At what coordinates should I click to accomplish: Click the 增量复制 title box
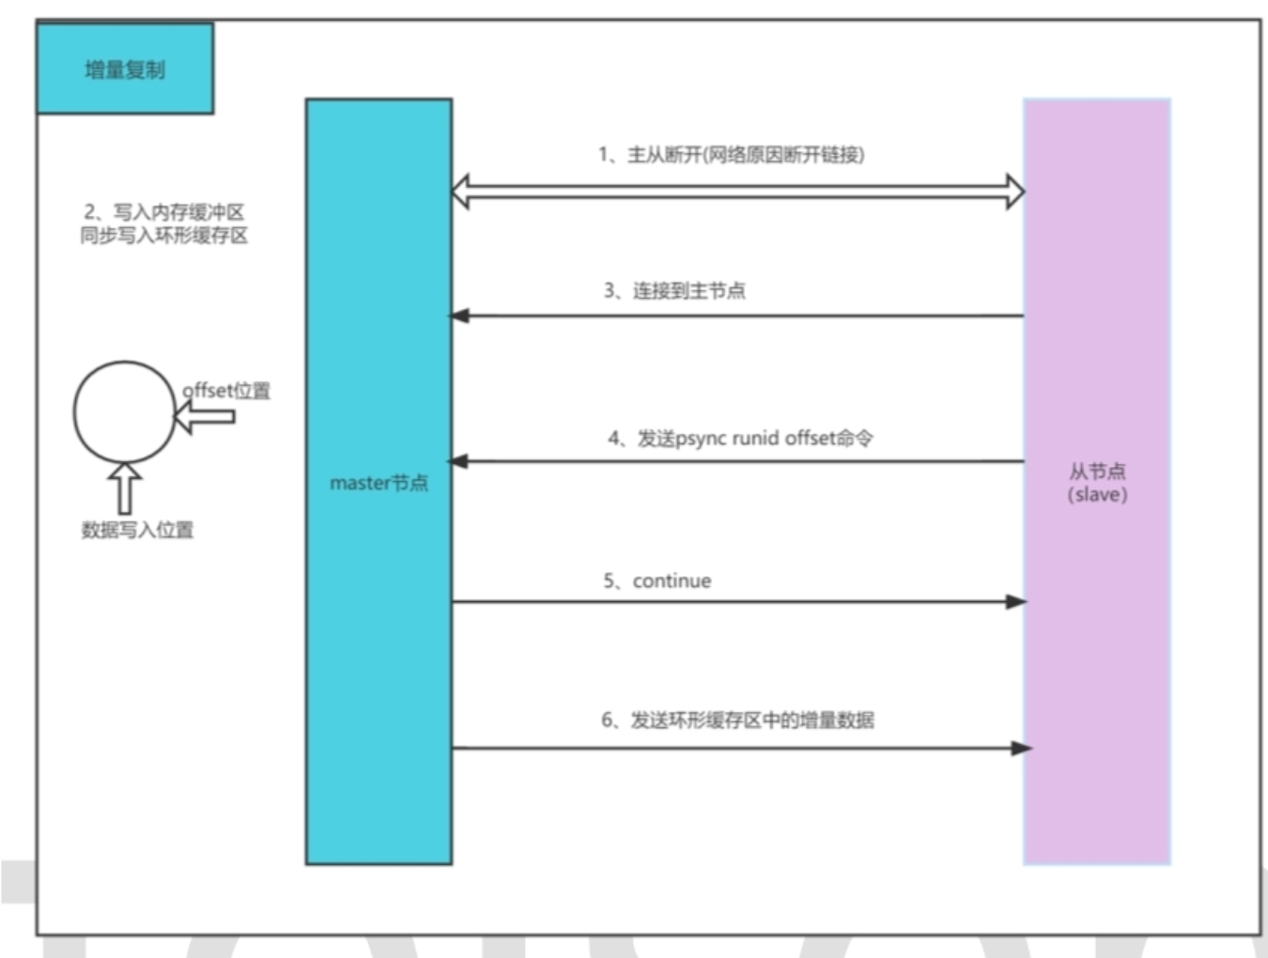[x=125, y=69]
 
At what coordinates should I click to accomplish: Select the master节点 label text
[x=379, y=483]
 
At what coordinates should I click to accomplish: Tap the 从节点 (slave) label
[x=1097, y=483]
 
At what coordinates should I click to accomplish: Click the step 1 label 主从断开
[x=732, y=155]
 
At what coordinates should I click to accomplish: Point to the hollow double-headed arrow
[x=737, y=192]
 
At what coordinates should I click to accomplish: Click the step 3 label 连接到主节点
[x=674, y=290]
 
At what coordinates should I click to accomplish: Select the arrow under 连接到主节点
[x=736, y=316]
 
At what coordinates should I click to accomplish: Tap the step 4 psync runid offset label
[x=740, y=439]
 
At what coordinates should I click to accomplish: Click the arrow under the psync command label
[x=736, y=461]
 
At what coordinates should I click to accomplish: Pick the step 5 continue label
[x=657, y=581]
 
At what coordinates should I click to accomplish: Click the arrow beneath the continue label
[x=739, y=602]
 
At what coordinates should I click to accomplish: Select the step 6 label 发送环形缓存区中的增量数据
[x=737, y=720]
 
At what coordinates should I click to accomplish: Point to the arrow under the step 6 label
[x=742, y=749]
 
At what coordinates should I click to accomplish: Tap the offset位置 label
[x=226, y=391]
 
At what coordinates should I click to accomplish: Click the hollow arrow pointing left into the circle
[x=205, y=416]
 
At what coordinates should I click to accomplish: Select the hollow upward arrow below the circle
[x=125, y=488]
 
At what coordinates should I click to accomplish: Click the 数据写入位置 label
[x=137, y=530]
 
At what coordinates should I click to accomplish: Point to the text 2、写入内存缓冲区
[x=164, y=212]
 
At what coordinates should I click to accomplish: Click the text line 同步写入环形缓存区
[x=164, y=236]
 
